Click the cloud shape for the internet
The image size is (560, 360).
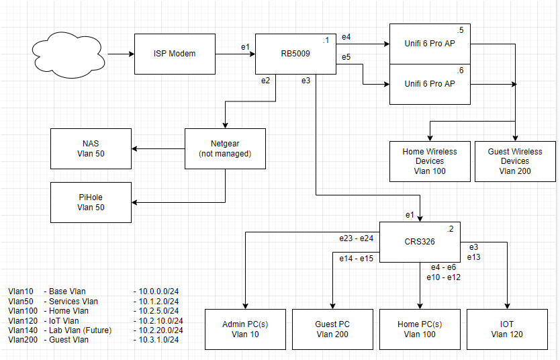[x=67, y=53]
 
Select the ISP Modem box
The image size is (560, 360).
[x=175, y=53]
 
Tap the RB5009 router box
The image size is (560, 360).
[x=295, y=53]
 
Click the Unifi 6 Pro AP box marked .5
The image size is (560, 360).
[x=430, y=44]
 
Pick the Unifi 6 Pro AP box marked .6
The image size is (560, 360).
[x=430, y=84]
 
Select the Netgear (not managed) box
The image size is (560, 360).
[x=225, y=148]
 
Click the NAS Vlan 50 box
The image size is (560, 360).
[x=91, y=148]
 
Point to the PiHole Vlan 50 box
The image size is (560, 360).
[x=91, y=202]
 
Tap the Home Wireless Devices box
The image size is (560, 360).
[x=430, y=161]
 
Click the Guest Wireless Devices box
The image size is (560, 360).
[x=515, y=161]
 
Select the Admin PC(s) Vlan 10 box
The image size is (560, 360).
[x=245, y=329]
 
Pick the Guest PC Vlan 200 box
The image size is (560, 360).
[x=332, y=329]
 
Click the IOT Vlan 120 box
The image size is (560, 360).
[x=507, y=329]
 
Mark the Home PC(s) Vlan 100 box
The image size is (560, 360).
[x=420, y=329]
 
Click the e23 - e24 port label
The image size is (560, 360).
[x=357, y=237]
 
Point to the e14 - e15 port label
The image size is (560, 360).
[x=357, y=258]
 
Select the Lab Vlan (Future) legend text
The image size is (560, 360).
[x=80, y=330]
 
